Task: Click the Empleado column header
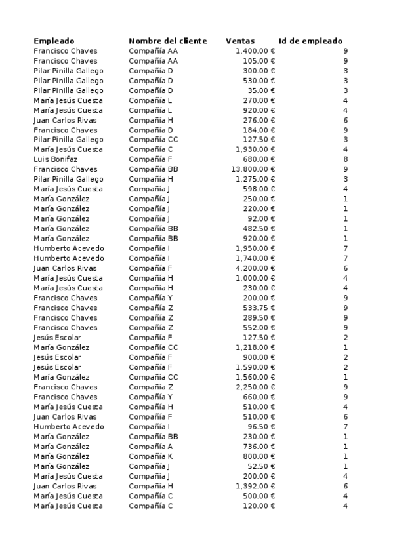pos(54,41)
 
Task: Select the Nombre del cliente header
pos(167,41)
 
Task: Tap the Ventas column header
pos(240,41)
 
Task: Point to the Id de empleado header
pos(310,41)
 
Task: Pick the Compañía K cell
pos(150,456)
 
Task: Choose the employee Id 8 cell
pos(345,159)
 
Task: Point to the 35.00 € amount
pos(261,90)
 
